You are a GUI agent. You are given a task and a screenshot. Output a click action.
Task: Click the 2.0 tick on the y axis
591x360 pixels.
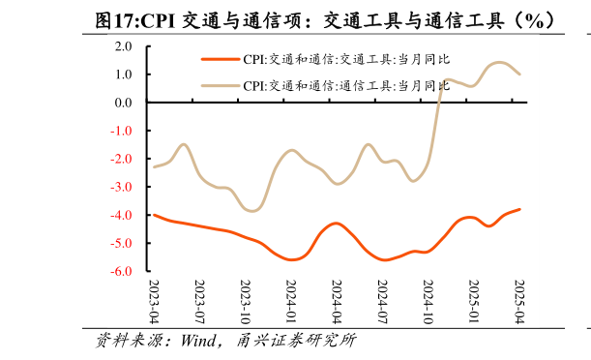click(x=124, y=45)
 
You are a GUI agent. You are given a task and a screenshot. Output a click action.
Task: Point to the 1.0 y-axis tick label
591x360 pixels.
click(x=124, y=74)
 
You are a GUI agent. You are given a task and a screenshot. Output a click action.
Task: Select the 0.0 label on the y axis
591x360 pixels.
click(x=124, y=102)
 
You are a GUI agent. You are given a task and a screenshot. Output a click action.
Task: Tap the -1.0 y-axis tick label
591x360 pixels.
click(x=122, y=131)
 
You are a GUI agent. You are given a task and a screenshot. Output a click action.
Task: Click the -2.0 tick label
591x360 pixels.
click(x=122, y=159)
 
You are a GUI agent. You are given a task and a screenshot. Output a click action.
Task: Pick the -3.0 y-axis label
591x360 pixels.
click(x=122, y=187)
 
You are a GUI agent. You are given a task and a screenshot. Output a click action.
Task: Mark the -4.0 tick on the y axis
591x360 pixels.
click(x=122, y=215)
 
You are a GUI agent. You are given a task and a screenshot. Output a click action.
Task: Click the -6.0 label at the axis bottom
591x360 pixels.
click(x=122, y=272)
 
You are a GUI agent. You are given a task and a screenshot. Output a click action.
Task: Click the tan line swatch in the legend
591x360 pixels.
click(x=220, y=86)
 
